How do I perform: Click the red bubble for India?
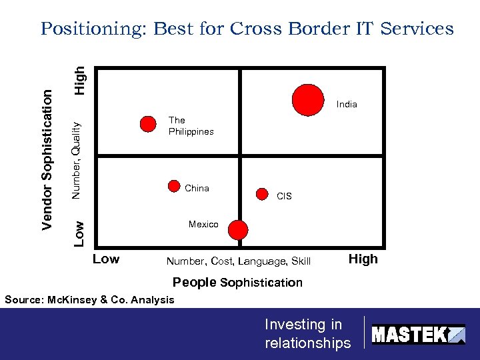308,100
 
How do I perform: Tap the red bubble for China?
174,187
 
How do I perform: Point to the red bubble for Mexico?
238,230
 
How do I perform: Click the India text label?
347,104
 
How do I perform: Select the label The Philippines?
191,126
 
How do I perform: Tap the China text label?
197,188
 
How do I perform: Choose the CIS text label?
284,196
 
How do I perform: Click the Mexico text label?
203,224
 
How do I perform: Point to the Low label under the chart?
106,259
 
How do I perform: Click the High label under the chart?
363,259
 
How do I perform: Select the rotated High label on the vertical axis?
79,79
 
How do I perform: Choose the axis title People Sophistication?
237,282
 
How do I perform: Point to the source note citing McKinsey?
89,299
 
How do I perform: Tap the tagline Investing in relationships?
307,333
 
